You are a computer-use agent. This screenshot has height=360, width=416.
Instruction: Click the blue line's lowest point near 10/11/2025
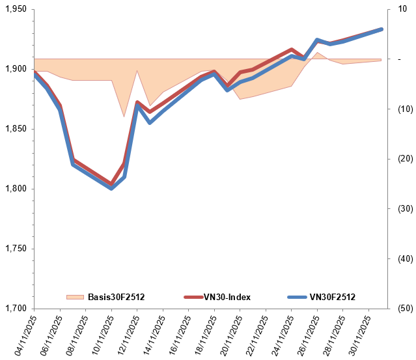pyautogui.click(x=111, y=188)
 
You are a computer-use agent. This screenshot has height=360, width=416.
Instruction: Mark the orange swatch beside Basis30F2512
pyautogui.click(x=76, y=297)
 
